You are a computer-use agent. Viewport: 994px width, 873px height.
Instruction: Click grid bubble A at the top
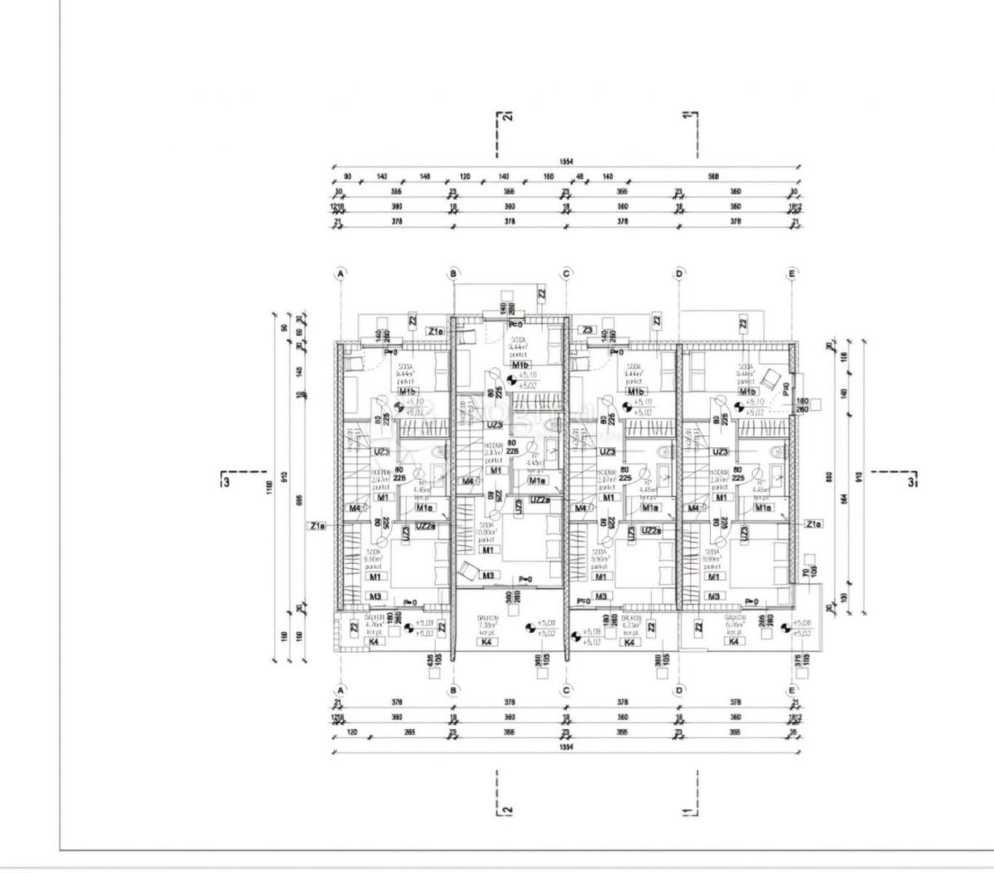click(340, 273)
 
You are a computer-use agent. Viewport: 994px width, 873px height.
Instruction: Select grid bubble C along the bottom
click(567, 689)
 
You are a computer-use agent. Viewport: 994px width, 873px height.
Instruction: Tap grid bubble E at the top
click(792, 273)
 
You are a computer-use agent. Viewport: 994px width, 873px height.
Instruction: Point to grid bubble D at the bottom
click(679, 689)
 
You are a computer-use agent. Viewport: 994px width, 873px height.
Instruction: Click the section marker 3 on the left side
click(225, 478)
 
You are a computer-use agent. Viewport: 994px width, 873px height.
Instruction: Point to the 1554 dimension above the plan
click(567, 162)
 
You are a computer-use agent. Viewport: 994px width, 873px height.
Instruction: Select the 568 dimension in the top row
click(713, 176)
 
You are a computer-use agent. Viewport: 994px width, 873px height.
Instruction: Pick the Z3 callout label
click(587, 330)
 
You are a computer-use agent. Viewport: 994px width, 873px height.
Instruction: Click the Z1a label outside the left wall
click(317, 525)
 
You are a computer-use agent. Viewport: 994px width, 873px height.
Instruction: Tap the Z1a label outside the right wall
click(813, 523)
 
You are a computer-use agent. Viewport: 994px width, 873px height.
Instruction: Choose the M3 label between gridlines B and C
click(489, 576)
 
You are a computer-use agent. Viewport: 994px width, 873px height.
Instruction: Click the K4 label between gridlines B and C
click(488, 641)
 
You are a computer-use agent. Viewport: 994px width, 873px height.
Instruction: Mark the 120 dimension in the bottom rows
click(351, 732)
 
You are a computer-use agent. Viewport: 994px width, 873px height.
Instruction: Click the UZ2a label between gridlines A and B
click(426, 526)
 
